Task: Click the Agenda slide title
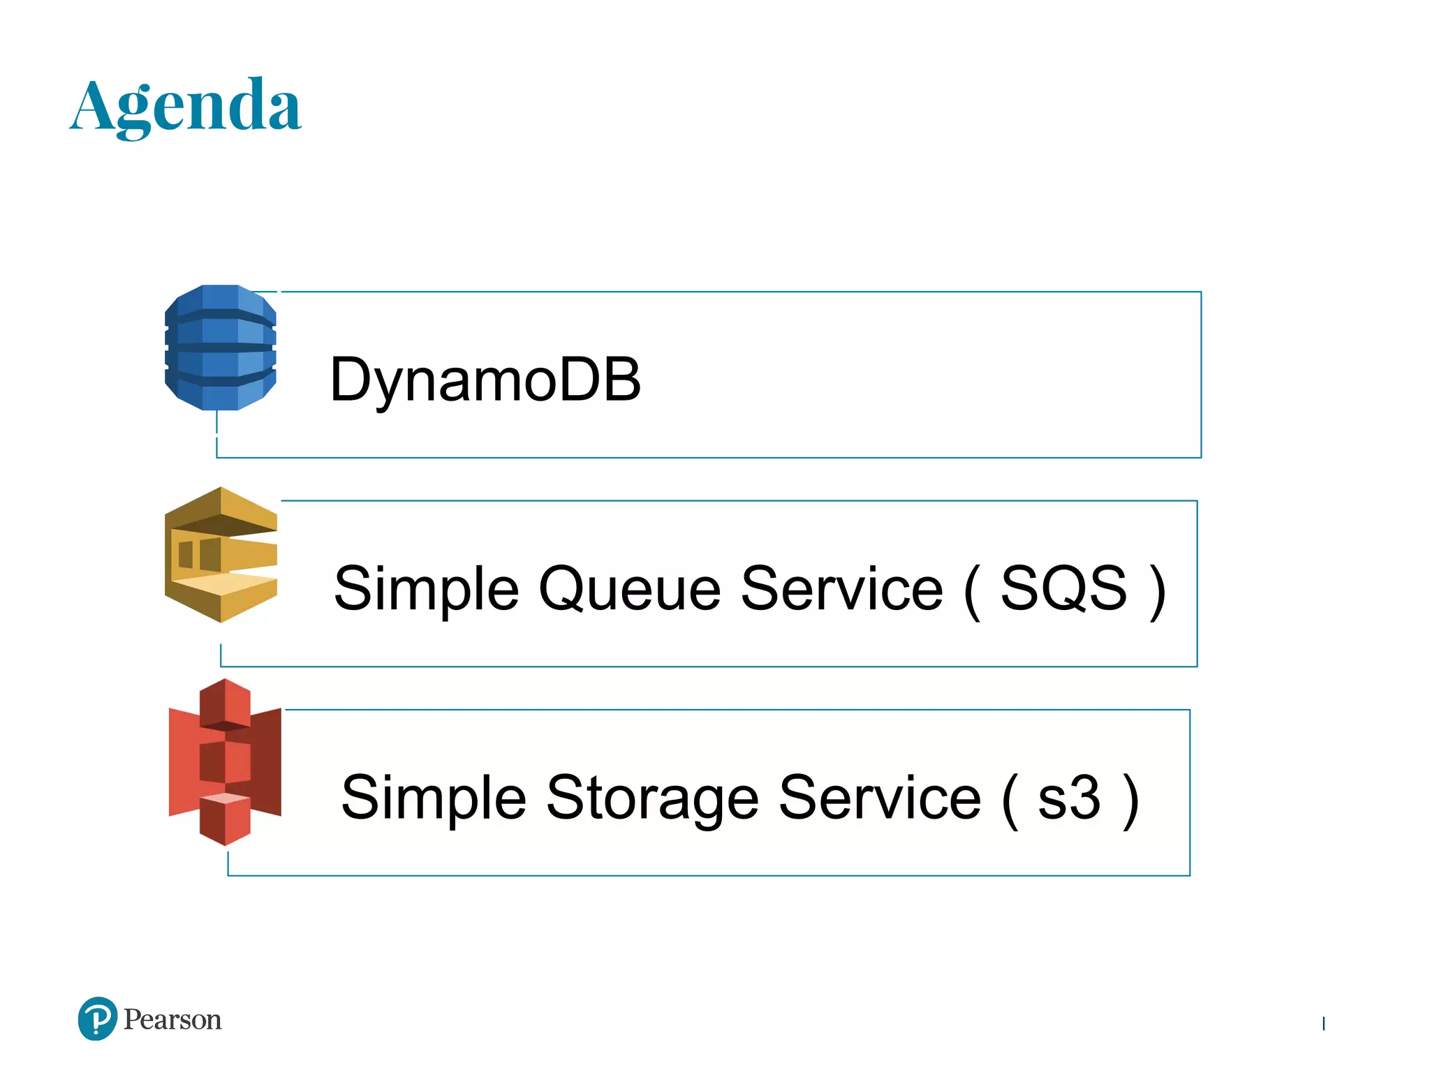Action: (186, 106)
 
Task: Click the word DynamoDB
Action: (485, 380)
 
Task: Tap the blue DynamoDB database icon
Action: (221, 347)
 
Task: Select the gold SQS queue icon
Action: (221, 555)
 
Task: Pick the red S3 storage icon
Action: (225, 762)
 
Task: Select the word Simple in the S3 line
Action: (434, 799)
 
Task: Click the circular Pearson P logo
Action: (98, 1019)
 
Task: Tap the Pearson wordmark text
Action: (172, 1020)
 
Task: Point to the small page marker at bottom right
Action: (1323, 1023)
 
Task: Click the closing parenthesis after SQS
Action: (1157, 591)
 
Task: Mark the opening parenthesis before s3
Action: (1010, 801)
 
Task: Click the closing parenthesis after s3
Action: (1130, 801)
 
